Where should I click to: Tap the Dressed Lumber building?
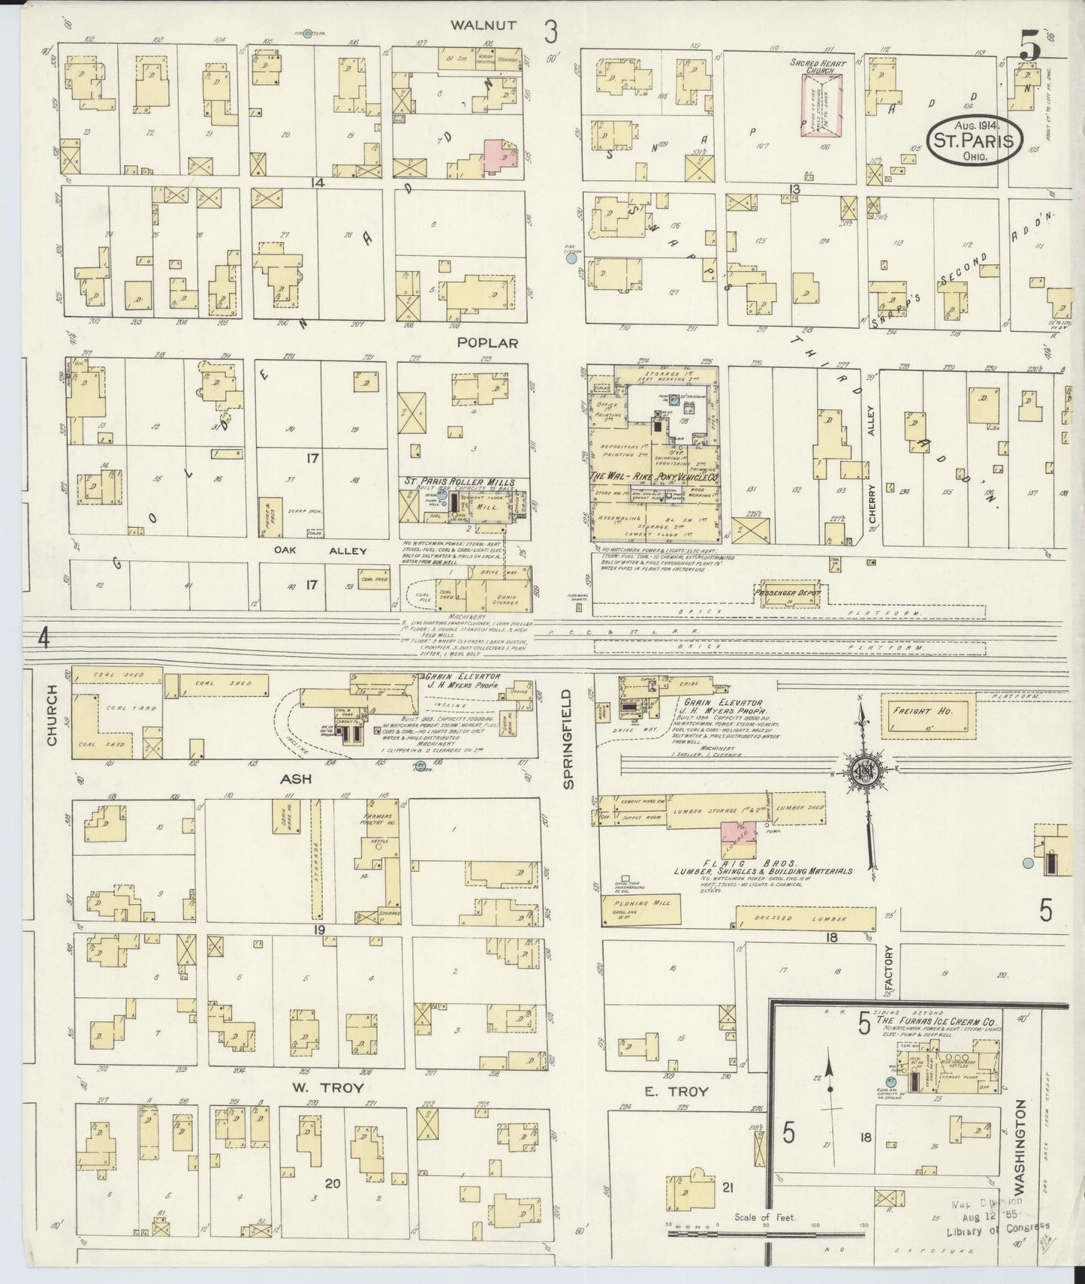click(x=805, y=918)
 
